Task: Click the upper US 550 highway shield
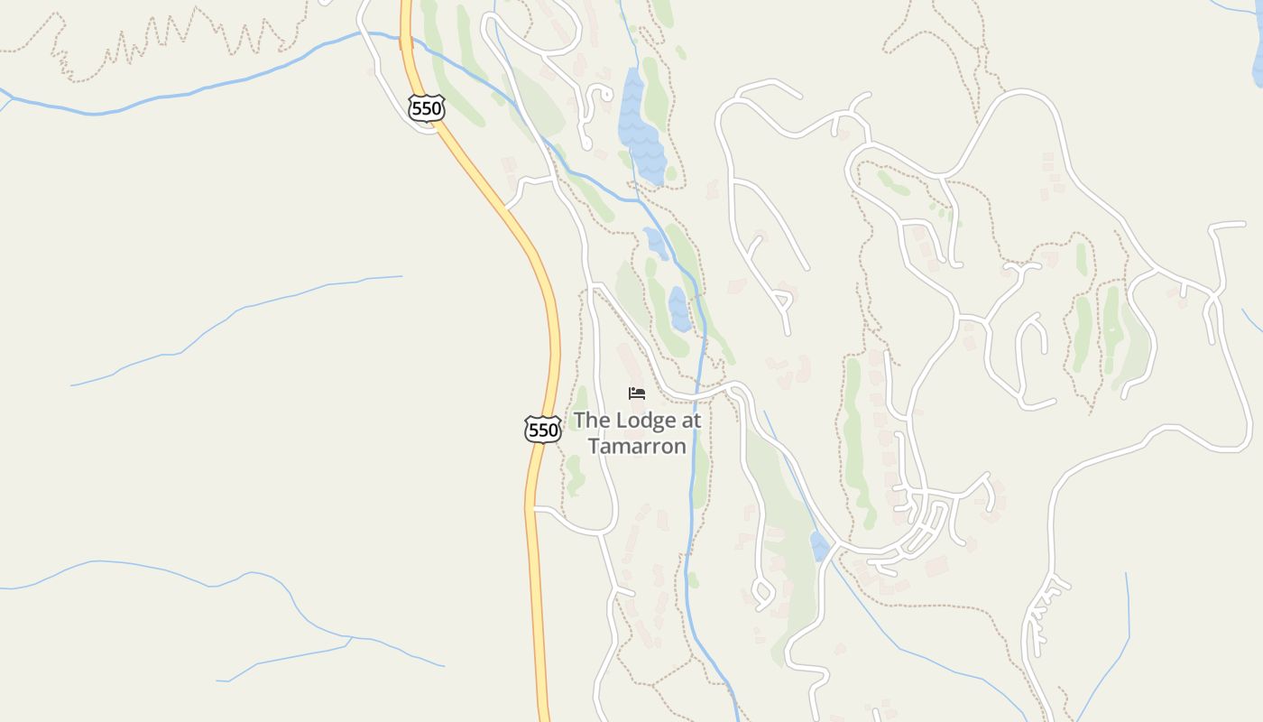tap(426, 109)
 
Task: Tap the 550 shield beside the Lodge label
tap(543, 430)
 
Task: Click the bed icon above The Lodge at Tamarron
tap(637, 393)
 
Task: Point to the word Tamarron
tap(637, 446)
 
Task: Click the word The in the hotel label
tap(592, 421)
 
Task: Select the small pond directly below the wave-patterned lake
tap(656, 243)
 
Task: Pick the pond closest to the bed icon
tap(679, 310)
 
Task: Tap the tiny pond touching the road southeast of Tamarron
tap(820, 546)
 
